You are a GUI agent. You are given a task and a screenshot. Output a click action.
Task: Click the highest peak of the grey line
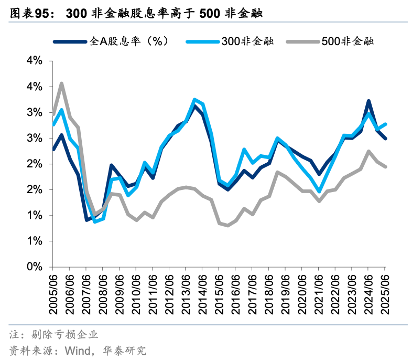[62, 83]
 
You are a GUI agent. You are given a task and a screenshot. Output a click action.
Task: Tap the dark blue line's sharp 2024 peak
[369, 101]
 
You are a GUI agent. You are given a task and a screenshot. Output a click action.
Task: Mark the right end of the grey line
[386, 166]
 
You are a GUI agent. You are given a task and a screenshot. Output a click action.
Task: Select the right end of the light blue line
[386, 124]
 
